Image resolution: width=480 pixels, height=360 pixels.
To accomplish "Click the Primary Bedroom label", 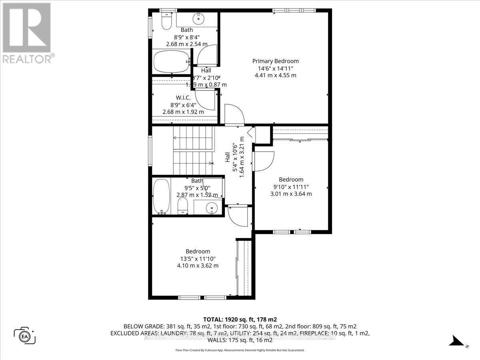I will [275, 61].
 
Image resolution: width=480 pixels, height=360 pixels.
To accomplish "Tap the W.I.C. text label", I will [183, 98].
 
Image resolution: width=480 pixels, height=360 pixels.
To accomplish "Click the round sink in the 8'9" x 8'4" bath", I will [198, 19].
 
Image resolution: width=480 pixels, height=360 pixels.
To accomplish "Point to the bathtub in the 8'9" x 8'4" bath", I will [171, 62].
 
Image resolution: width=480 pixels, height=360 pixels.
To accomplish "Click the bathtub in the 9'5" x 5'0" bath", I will [161, 196].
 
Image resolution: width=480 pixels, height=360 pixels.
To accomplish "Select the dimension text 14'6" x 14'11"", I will [275, 68].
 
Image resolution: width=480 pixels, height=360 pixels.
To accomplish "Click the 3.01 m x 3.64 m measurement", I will [291, 194].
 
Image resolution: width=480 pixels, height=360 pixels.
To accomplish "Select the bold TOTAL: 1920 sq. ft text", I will [240, 320].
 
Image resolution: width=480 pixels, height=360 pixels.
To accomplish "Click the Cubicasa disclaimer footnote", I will [240, 350].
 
